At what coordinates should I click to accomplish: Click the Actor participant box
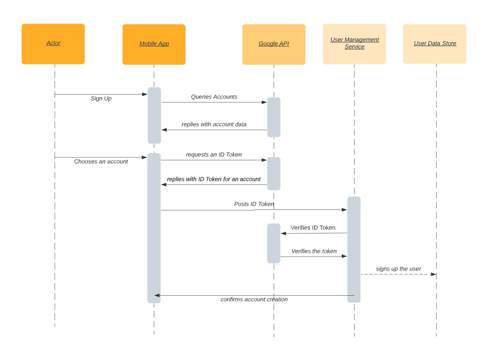(x=53, y=44)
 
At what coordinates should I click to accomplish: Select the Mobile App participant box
(x=154, y=44)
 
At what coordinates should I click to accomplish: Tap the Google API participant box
(x=274, y=44)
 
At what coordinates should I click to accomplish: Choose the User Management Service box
(x=354, y=44)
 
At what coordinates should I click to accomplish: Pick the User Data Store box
(x=435, y=44)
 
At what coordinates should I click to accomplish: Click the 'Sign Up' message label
(x=101, y=99)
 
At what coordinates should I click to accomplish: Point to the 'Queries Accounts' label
(x=214, y=97)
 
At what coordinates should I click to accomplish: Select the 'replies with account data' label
(x=214, y=125)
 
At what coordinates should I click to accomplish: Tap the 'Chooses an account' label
(x=101, y=162)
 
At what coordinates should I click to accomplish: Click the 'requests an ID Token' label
(x=214, y=155)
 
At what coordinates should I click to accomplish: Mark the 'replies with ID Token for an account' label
(x=214, y=179)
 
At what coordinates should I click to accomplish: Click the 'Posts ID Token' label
(x=254, y=204)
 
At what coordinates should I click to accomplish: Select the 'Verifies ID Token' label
(x=313, y=228)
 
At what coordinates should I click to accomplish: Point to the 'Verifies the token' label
(x=314, y=251)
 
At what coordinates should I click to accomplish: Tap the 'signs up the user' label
(x=398, y=269)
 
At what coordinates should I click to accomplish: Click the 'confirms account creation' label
(x=254, y=300)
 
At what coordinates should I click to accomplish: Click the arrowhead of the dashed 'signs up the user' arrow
(x=433, y=274)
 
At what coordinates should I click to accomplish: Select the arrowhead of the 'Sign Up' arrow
(x=145, y=94)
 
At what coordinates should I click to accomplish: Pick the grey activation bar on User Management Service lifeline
(x=354, y=249)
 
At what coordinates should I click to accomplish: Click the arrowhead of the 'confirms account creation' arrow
(x=157, y=295)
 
